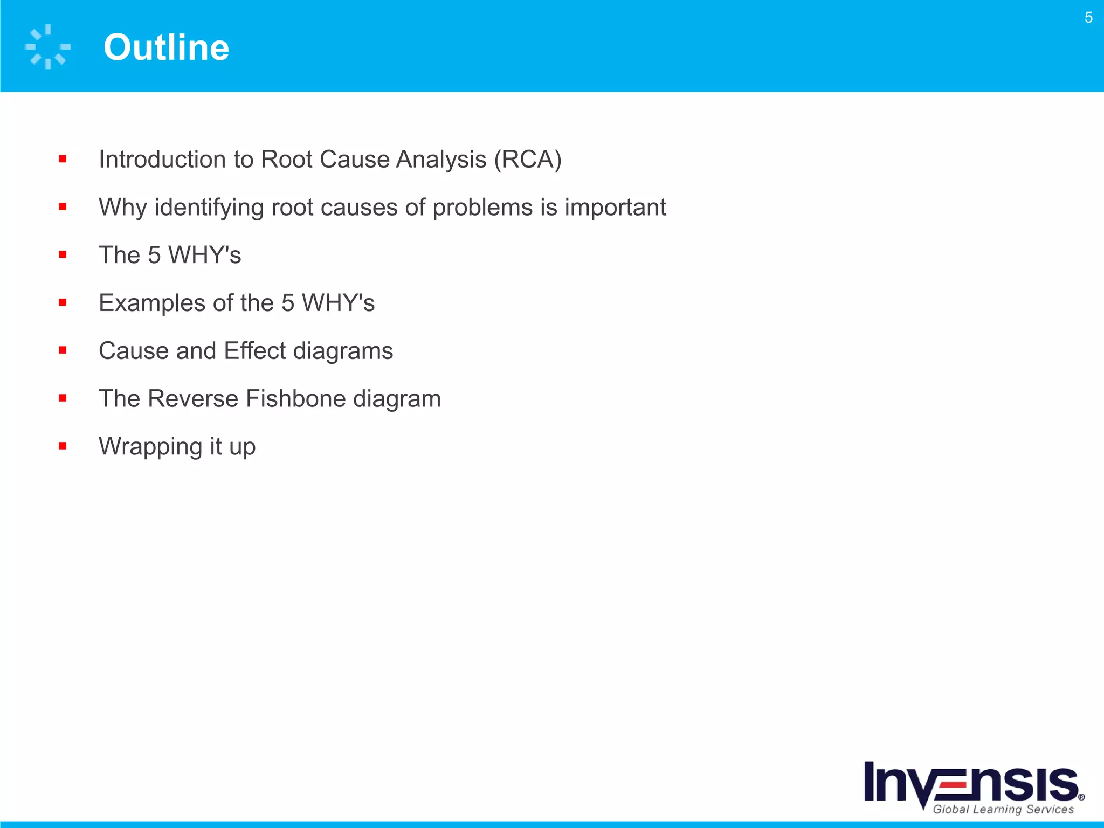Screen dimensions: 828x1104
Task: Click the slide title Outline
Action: (166, 47)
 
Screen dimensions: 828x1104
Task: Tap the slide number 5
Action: (1088, 18)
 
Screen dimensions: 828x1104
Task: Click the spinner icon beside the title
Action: (47, 47)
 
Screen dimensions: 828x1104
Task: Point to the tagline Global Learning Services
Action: (1003, 809)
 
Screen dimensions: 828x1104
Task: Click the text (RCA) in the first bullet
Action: (528, 160)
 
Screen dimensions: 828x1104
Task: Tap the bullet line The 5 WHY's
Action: (170, 255)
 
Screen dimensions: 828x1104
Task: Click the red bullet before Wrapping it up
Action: (63, 446)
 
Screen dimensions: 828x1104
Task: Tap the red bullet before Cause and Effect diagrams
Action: (63, 350)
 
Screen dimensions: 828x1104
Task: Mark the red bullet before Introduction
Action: (63, 159)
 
